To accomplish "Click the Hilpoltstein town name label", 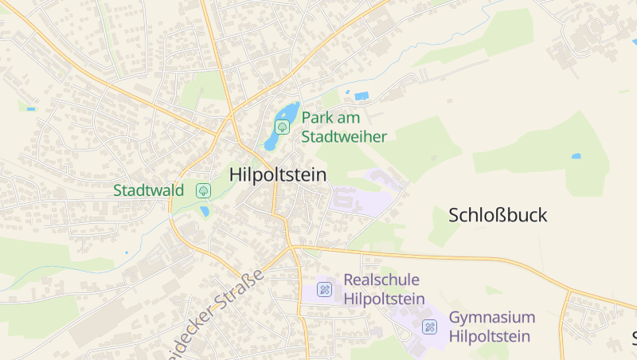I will [277, 174].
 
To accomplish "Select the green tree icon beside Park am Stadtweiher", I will [282, 127].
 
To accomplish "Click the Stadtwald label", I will [149, 190].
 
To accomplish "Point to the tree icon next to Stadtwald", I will [203, 190].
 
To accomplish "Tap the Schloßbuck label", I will [498, 215].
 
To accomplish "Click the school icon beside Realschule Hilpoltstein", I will [324, 289].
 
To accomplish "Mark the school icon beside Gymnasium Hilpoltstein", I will [429, 327].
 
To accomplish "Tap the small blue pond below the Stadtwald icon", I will [205, 211].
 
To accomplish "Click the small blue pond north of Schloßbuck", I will [576, 156].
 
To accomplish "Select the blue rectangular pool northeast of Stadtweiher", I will [361, 96].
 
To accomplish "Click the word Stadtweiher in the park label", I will [344, 136].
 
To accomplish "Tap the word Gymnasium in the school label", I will [491, 317].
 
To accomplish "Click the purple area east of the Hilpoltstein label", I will [362, 199].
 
